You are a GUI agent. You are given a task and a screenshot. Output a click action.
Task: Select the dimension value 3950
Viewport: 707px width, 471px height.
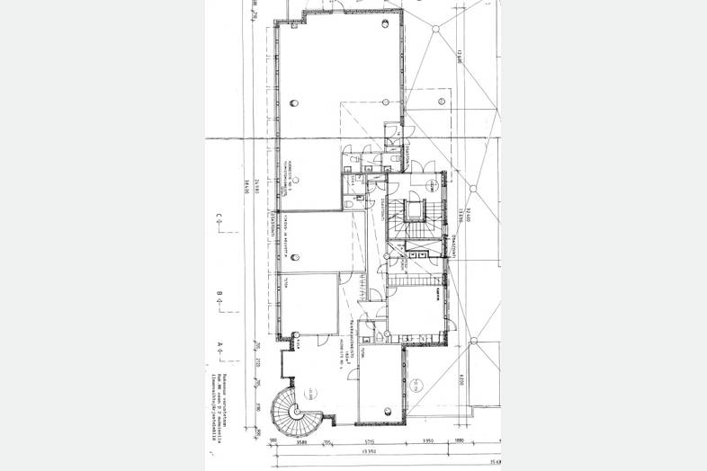(429, 442)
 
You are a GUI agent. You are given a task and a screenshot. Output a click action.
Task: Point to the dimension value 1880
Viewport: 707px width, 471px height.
(459, 442)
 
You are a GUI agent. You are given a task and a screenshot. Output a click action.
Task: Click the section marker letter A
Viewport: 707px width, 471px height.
(219, 345)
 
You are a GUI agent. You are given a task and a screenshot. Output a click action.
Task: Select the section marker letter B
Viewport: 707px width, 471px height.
(219, 294)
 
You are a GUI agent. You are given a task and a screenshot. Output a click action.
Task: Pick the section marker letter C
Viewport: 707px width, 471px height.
(219, 216)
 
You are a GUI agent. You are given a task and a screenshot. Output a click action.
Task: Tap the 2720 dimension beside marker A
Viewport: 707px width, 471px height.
(255, 360)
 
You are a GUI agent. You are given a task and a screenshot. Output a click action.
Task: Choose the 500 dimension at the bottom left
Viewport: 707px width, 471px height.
(273, 442)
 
